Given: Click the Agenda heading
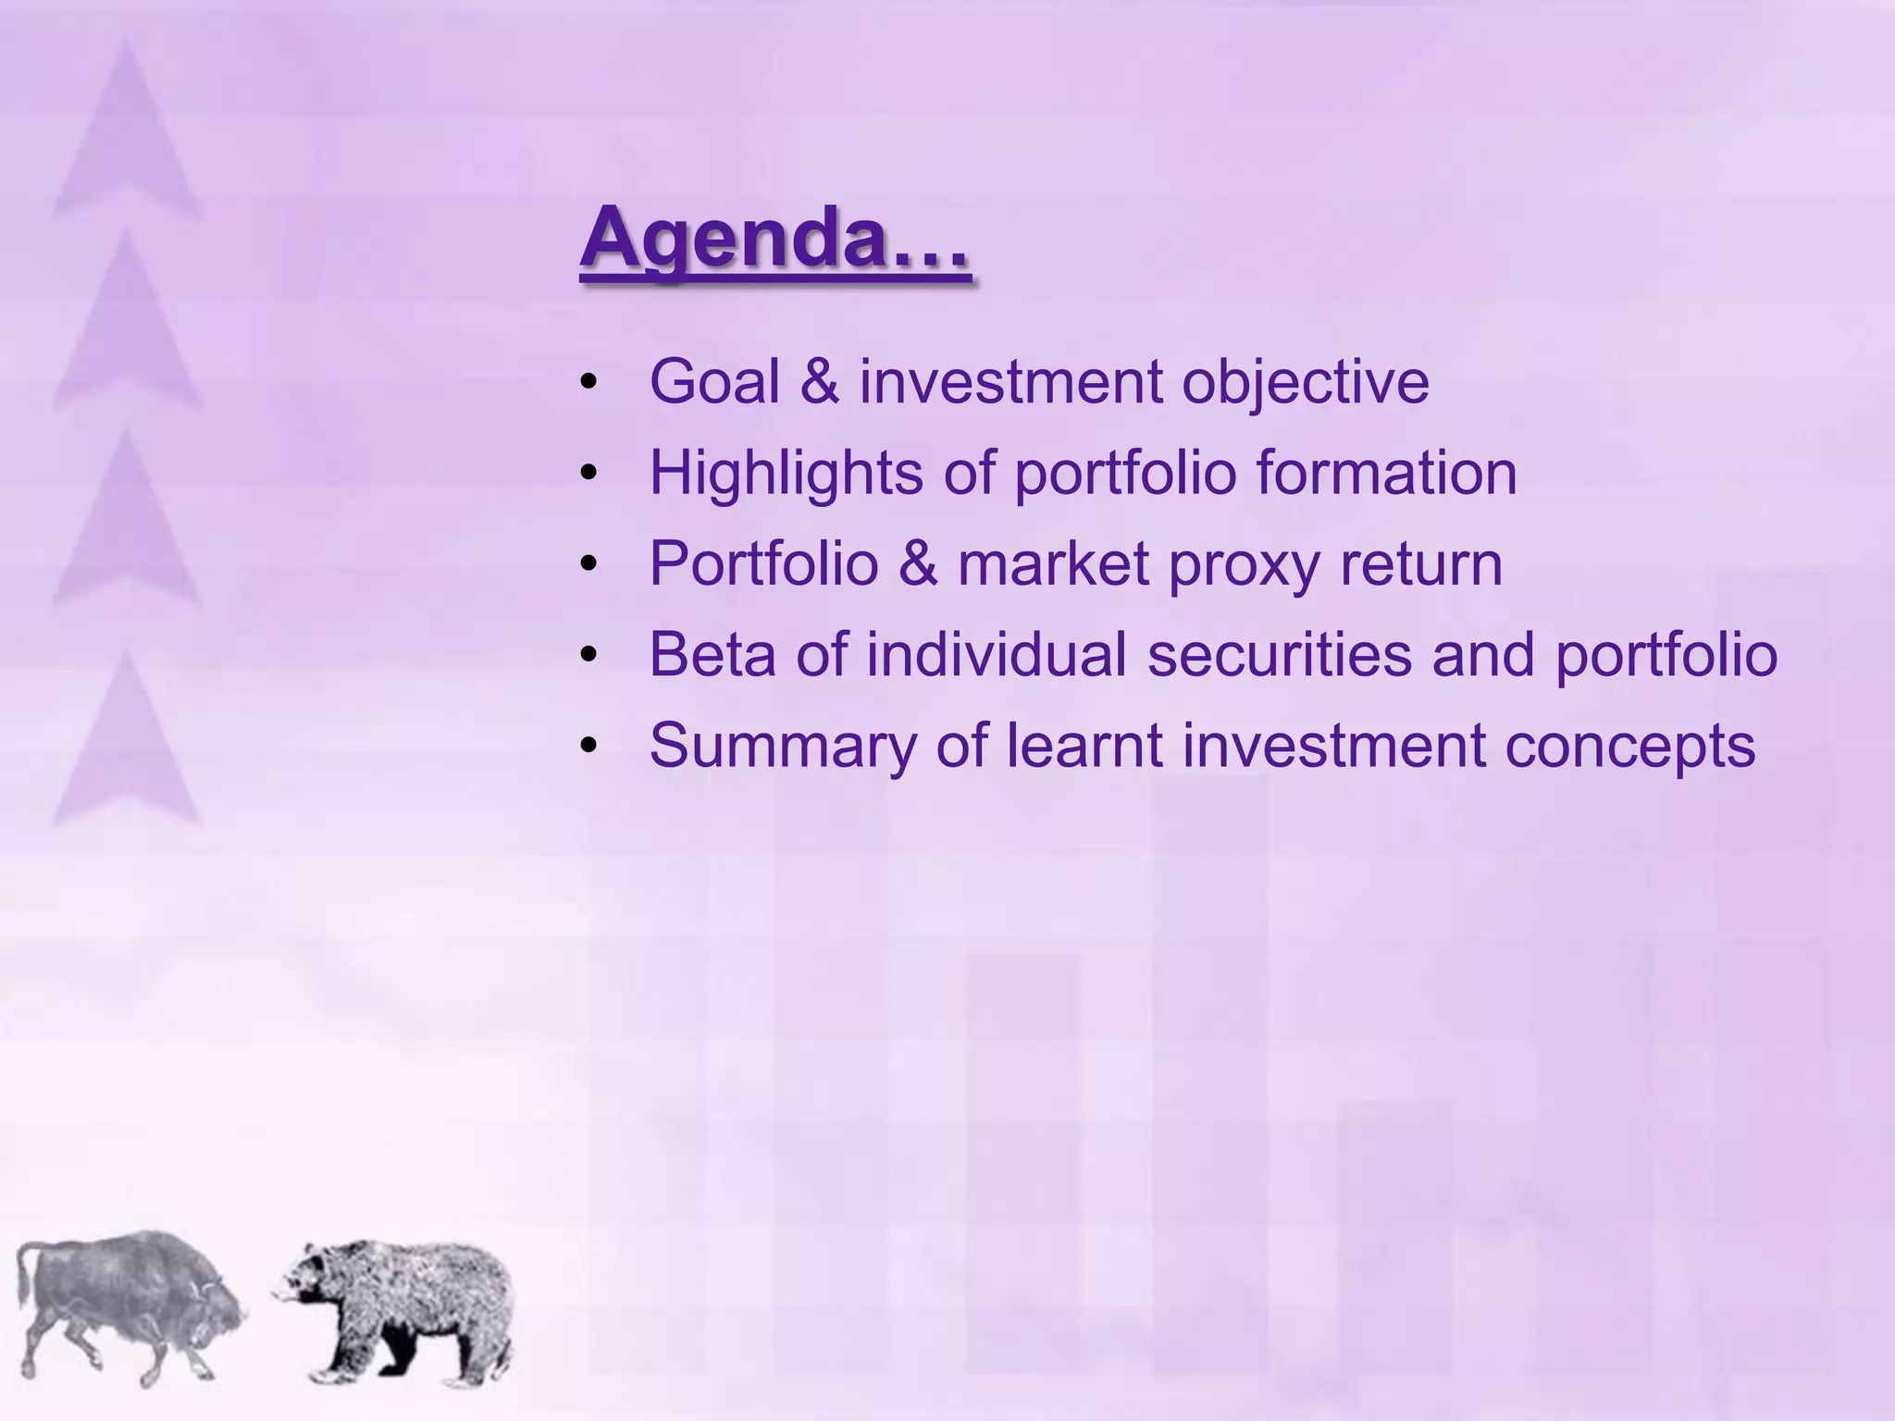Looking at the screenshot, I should (x=775, y=239).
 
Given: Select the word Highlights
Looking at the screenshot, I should (x=786, y=474).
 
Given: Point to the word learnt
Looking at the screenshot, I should (x=1084, y=745).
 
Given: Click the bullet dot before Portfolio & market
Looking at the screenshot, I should (x=589, y=563).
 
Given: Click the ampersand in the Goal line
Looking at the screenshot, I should (x=820, y=381).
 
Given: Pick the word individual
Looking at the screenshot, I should (x=997, y=655).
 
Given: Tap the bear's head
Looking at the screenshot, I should (x=310, y=1282).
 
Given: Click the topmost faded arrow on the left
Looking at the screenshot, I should (x=126, y=139).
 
